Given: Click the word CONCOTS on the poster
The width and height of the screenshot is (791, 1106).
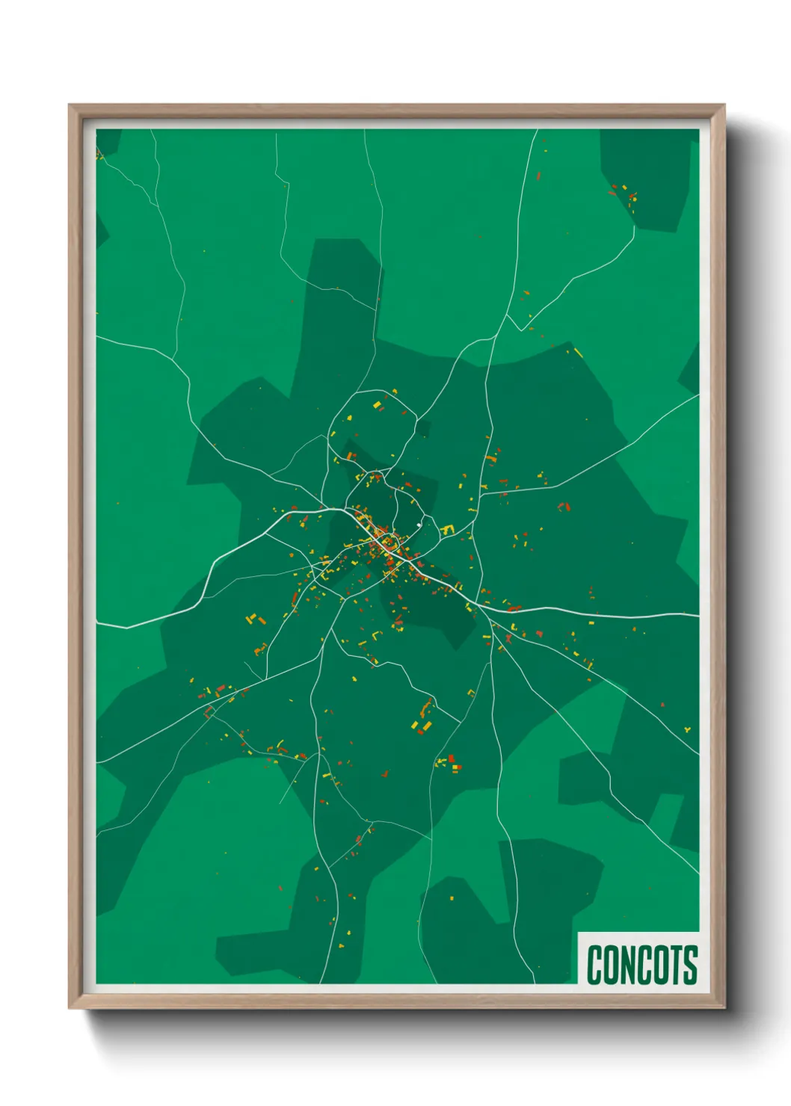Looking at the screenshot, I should coord(641,964).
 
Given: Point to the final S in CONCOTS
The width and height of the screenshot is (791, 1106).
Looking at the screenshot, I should coord(689,964).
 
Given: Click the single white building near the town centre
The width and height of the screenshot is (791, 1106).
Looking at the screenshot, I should coord(419,525).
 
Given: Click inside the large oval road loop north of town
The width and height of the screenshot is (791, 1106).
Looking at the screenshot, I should coord(372,430).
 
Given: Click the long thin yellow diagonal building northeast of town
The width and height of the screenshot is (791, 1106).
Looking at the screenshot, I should coord(577,353).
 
